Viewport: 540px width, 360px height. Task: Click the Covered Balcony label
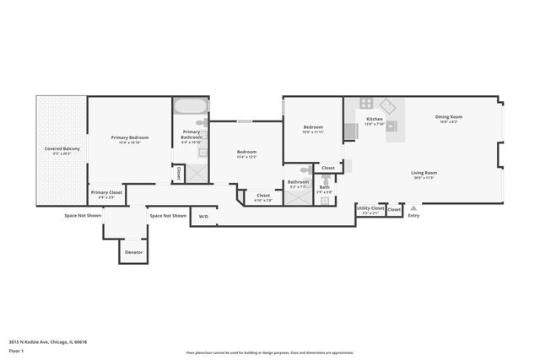coord(62,149)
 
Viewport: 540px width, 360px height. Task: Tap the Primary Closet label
coord(106,193)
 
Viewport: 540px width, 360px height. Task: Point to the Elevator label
coord(134,252)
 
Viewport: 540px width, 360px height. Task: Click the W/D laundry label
coord(203,216)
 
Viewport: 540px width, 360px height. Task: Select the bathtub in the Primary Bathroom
coord(191,108)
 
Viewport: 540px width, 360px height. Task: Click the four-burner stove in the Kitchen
coord(366,104)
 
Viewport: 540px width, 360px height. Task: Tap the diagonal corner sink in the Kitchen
coord(386,106)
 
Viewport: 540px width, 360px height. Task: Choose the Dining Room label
coord(448,117)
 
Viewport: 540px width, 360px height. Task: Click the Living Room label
coord(424,173)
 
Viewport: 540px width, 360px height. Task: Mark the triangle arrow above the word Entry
coord(413,207)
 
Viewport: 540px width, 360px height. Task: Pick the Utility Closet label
coord(370,207)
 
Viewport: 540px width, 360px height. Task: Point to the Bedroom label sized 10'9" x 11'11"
coord(313,130)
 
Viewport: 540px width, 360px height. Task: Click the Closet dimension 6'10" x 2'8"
coord(263,201)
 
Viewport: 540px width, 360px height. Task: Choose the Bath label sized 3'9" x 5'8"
coord(325,190)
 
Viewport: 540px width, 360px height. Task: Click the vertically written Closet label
coord(179,172)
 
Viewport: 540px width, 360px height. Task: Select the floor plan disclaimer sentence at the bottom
coord(270,353)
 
